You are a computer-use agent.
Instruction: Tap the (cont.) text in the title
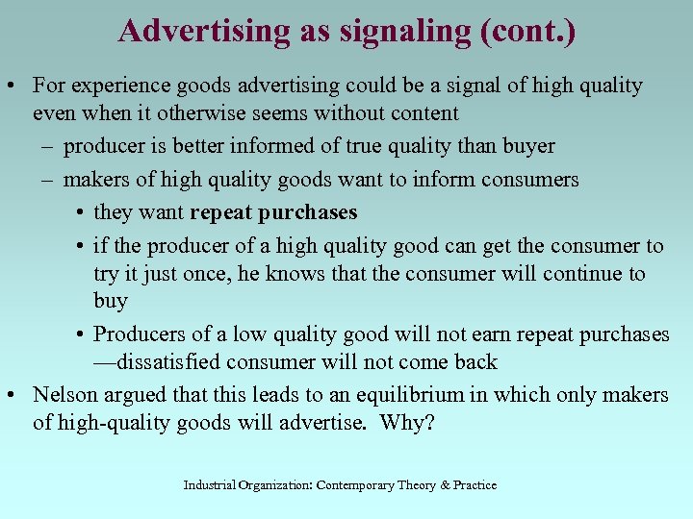[x=526, y=32]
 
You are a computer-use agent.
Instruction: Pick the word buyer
[x=523, y=146]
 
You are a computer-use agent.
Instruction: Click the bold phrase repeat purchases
[x=273, y=212]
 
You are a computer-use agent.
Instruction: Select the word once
[x=196, y=274]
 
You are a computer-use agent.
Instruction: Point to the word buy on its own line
[x=110, y=301]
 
